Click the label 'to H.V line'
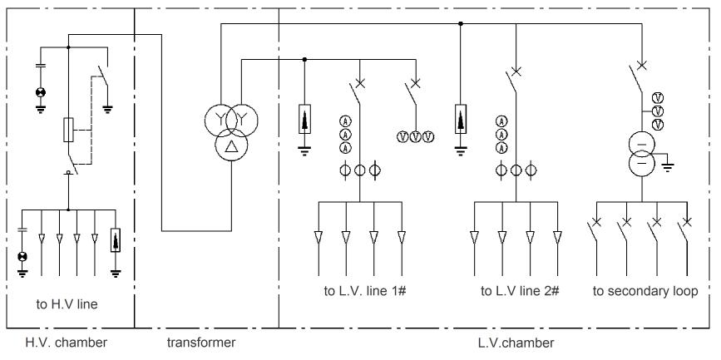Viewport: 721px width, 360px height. [67, 304]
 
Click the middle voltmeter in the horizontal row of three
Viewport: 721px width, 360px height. [414, 136]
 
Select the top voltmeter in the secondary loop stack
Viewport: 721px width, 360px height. [657, 97]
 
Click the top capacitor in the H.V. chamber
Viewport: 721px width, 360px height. [39, 64]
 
